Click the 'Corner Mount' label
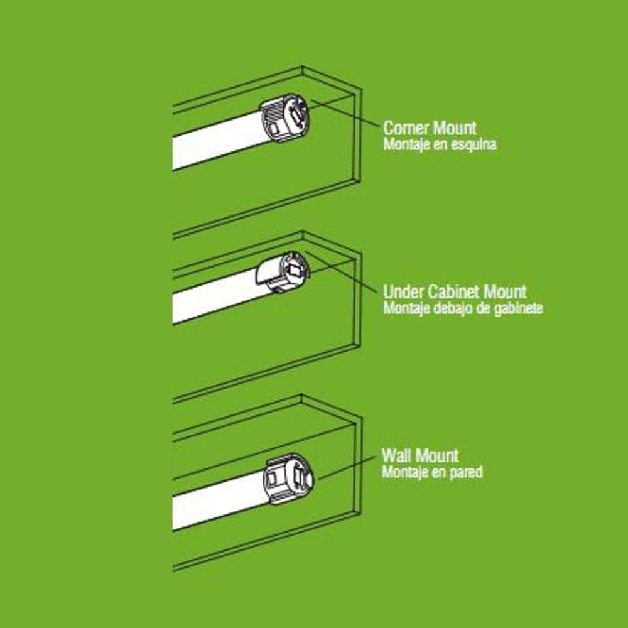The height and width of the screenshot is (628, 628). point(430,127)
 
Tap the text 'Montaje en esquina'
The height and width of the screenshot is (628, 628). point(440,144)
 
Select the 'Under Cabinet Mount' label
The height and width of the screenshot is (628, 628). point(455,291)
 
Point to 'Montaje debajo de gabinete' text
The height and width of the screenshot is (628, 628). point(463,308)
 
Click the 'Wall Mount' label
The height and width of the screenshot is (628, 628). point(420,455)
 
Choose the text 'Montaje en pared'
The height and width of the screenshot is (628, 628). point(432,472)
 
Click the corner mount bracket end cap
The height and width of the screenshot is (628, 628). point(286,117)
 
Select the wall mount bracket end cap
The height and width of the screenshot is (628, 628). point(289,479)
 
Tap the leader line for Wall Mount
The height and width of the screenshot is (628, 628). point(347,467)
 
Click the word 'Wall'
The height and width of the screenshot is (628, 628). point(394,455)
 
